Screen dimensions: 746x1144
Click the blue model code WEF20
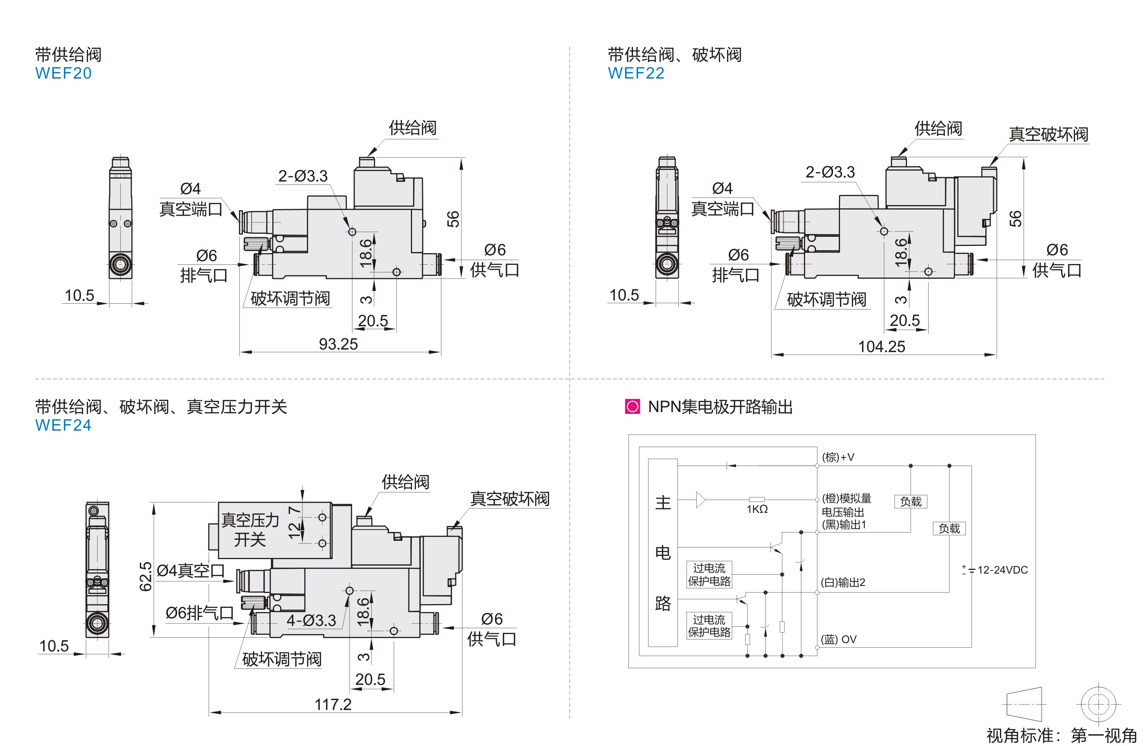click(x=63, y=73)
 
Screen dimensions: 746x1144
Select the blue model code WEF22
click(x=636, y=73)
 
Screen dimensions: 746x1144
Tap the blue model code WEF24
click(x=63, y=426)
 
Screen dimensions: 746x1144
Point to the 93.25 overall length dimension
click(x=339, y=344)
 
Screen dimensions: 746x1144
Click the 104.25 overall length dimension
click(x=881, y=347)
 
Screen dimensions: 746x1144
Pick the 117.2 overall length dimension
click(x=333, y=705)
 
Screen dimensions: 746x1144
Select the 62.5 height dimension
click(x=145, y=577)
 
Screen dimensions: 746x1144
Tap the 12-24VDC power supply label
click(x=1002, y=570)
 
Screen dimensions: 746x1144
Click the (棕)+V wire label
click(x=838, y=457)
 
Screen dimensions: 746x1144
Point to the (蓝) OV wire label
click(x=839, y=639)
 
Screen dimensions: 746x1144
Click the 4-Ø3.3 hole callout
click(x=312, y=621)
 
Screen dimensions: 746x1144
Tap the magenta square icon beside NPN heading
click(x=632, y=407)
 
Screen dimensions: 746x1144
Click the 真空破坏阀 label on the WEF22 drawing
click(x=1048, y=134)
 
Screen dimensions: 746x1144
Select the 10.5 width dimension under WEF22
click(x=624, y=295)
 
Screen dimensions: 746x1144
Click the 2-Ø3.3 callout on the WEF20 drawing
click(x=303, y=176)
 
